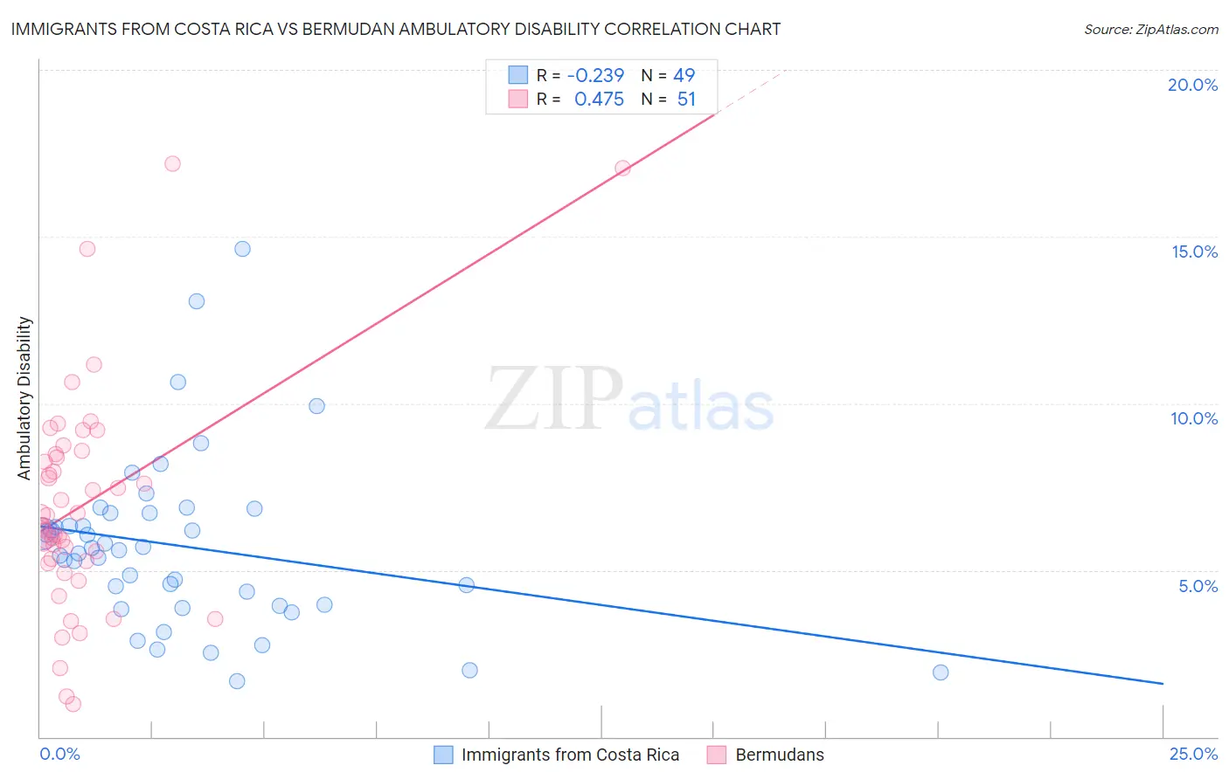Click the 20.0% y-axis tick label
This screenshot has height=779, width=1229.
click(1192, 85)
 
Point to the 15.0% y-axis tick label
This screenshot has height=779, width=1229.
click(1194, 252)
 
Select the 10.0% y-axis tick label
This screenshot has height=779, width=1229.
click(1194, 418)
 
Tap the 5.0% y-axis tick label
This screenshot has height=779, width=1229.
click(1198, 586)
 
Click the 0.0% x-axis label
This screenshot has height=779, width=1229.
click(59, 754)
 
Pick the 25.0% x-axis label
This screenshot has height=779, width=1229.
click(1193, 754)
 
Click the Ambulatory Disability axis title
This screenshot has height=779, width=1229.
click(24, 397)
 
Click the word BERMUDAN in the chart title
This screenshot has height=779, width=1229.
click(348, 29)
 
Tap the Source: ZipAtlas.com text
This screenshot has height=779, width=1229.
click(1150, 29)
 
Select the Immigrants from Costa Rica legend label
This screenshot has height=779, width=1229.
click(570, 755)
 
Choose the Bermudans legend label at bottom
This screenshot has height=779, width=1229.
click(780, 755)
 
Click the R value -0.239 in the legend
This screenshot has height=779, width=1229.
click(595, 76)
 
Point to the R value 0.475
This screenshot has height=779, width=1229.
click(599, 100)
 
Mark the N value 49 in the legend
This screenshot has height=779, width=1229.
click(684, 76)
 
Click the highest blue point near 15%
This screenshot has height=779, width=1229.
click(242, 249)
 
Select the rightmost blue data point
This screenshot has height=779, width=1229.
click(941, 672)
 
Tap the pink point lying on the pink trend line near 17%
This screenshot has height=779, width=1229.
click(622, 168)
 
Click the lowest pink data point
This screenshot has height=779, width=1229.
click(73, 704)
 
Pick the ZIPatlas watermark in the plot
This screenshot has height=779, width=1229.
click(629, 400)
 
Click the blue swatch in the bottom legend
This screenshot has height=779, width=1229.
click(443, 755)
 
